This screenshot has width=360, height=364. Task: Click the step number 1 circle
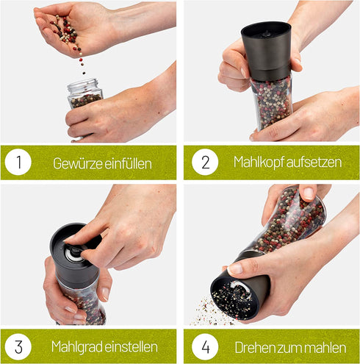pos(18,162)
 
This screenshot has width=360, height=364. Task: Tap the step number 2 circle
pos(205,162)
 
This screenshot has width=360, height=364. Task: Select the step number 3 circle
pos(18,346)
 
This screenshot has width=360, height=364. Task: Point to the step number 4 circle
pos(205,346)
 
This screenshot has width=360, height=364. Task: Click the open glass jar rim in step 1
pos(83,84)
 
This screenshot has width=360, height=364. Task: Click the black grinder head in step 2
pos(266,51)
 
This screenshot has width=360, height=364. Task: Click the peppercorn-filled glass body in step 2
pos(273,103)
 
